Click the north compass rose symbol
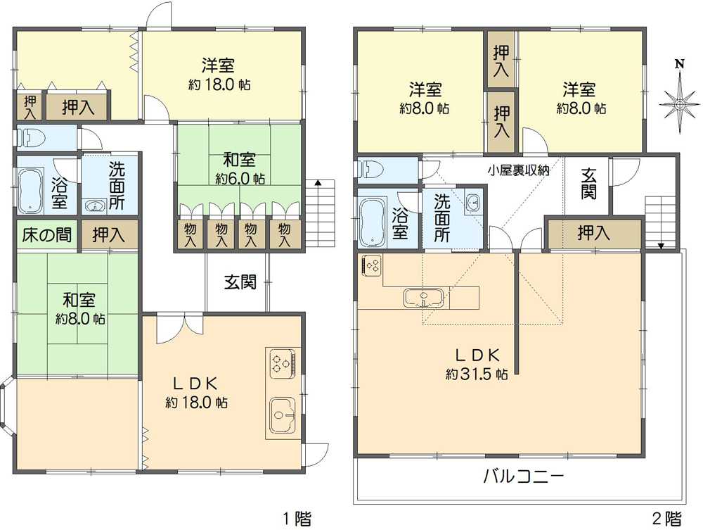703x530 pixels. [x=680, y=104]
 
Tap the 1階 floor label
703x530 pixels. [x=297, y=519]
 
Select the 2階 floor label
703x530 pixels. [x=666, y=519]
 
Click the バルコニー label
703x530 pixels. [x=522, y=476]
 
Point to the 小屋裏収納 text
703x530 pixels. [x=519, y=170]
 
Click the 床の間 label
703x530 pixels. [x=47, y=234]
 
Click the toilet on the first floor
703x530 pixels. [x=27, y=138]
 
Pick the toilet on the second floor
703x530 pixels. [x=368, y=170]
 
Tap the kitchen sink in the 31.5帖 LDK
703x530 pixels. [x=424, y=298]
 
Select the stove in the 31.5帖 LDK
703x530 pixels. [x=372, y=265]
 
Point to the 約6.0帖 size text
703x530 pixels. [x=240, y=179]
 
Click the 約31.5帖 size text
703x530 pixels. [x=477, y=374]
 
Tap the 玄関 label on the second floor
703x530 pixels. [x=588, y=184]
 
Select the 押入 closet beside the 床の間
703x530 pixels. [x=109, y=235]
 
